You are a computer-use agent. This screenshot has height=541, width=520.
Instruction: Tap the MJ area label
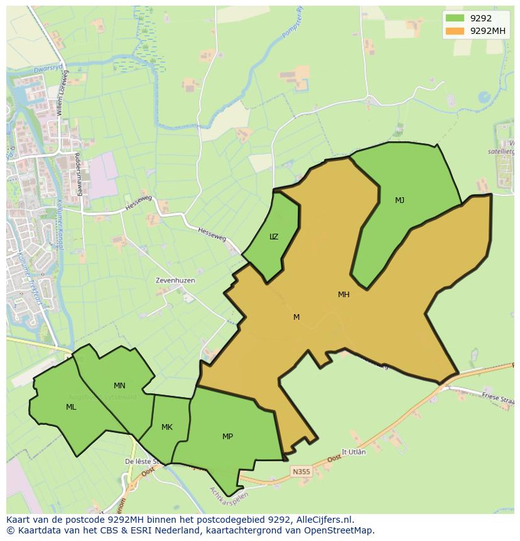(399, 200)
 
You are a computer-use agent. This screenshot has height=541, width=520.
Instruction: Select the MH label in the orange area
(344, 294)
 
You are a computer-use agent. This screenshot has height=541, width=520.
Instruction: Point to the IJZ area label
(274, 237)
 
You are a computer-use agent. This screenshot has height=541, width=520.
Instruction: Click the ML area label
(71, 407)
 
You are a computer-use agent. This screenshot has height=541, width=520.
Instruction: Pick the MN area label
(119, 386)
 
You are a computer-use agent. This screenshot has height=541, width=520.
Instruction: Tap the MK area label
(166, 427)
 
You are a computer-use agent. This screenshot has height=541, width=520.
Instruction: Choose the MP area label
(227, 437)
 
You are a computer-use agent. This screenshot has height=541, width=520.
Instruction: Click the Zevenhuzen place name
(175, 280)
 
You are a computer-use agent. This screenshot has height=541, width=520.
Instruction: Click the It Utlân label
(353, 452)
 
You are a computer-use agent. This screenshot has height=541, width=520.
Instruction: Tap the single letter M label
(296, 317)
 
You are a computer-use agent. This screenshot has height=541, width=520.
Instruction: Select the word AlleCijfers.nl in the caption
(325, 520)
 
